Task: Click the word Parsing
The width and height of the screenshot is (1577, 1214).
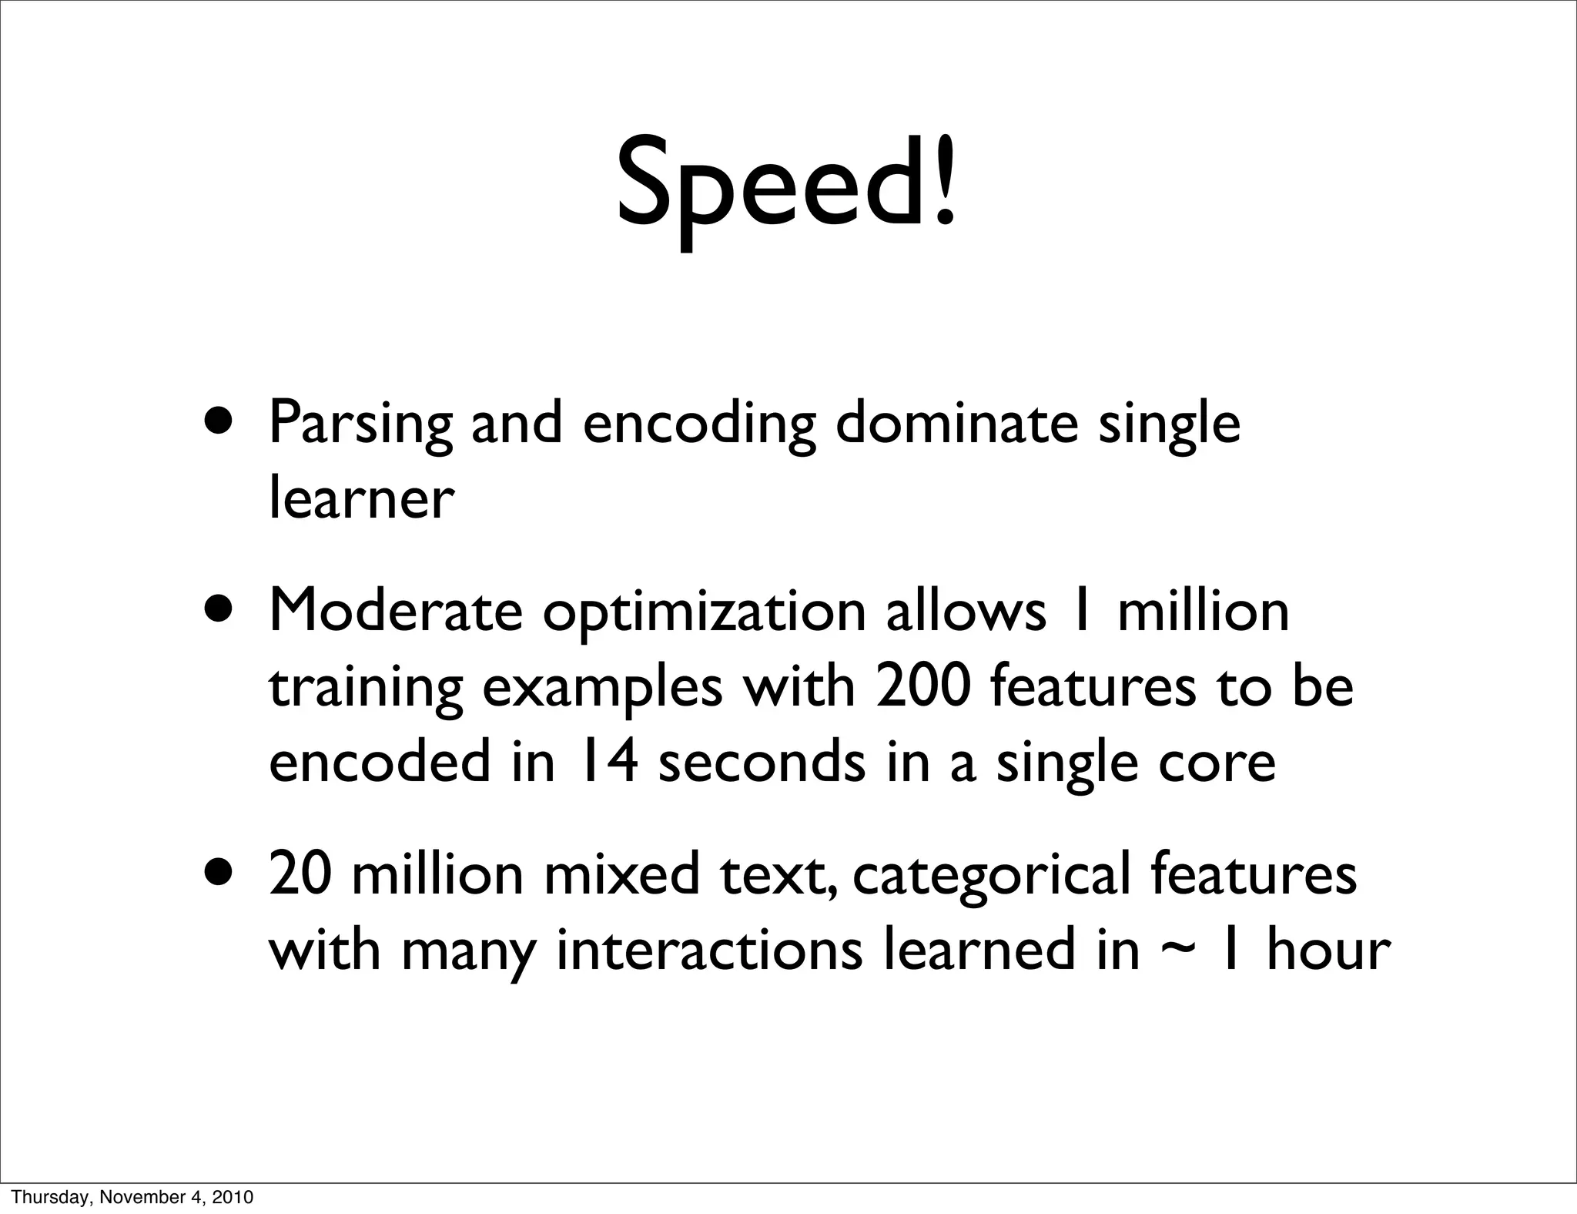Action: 360,424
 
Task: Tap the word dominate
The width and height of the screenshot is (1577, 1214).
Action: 956,423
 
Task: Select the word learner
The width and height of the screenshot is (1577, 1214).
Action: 360,499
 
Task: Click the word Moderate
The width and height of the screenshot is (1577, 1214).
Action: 395,611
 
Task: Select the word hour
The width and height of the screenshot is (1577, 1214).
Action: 1328,949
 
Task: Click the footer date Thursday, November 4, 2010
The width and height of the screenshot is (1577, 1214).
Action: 132,1197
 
